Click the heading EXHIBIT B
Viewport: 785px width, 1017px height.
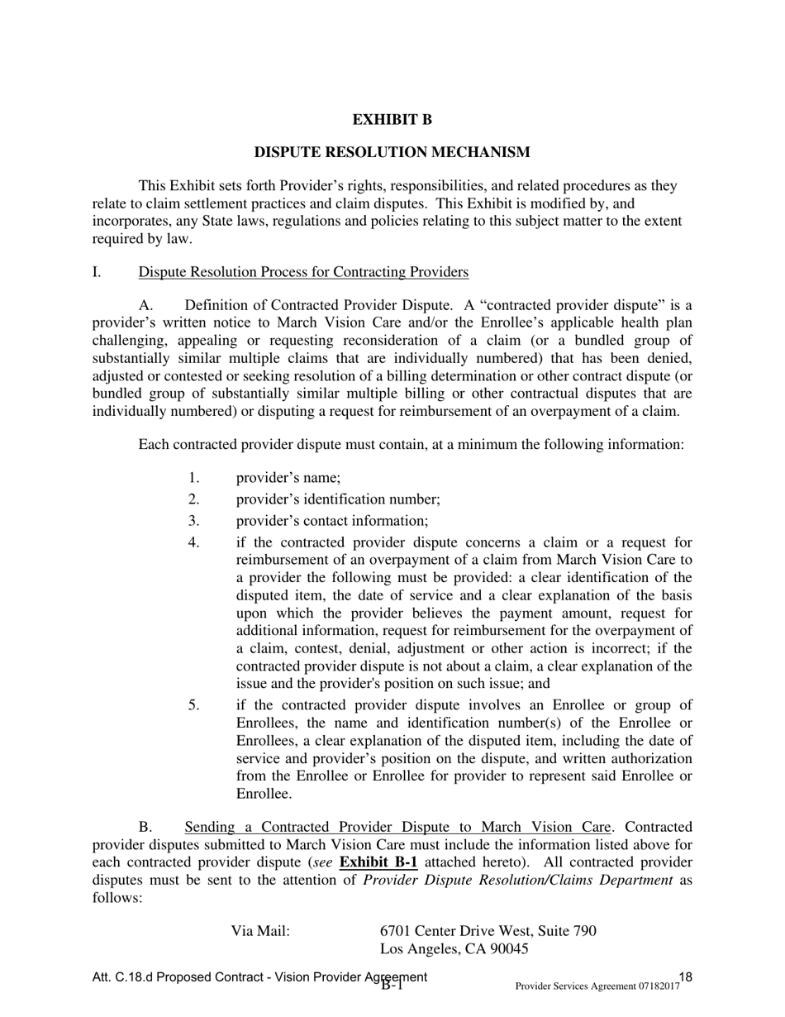click(392, 120)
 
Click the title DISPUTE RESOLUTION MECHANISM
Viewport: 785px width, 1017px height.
click(392, 152)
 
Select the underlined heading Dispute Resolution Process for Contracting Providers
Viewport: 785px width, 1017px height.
click(303, 272)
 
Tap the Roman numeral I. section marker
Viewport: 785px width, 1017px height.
click(97, 272)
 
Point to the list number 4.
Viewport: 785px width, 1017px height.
click(193, 542)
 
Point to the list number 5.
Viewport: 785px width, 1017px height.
click(193, 705)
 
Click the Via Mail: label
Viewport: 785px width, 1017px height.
click(260, 931)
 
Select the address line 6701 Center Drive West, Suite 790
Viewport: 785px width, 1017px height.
click(488, 931)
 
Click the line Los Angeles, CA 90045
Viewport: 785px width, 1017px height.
click(454, 949)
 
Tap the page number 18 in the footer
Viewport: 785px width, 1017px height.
click(685, 977)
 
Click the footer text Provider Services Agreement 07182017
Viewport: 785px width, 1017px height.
click(597, 986)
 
